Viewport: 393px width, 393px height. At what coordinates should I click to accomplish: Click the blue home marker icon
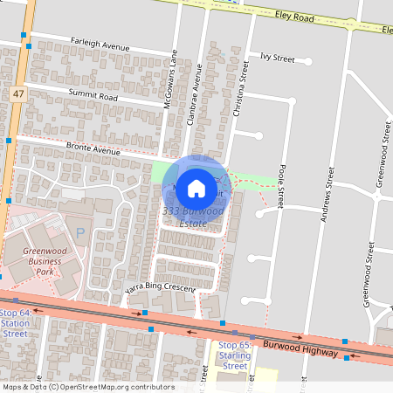(x=196, y=188)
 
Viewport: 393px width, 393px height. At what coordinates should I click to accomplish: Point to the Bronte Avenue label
(x=95, y=150)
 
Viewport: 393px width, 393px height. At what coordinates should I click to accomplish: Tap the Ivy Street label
(x=278, y=58)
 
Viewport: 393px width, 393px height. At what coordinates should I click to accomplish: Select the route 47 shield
(x=17, y=92)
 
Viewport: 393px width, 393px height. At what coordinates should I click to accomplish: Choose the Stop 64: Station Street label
(x=15, y=322)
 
